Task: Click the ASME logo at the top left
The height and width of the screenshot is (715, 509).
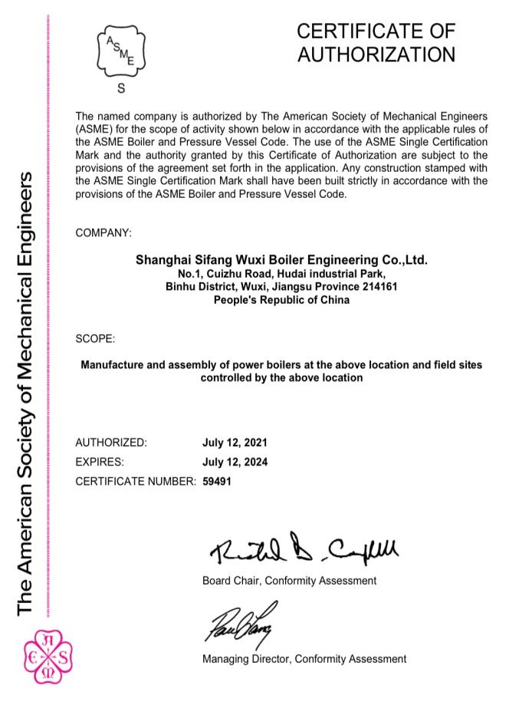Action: [120, 50]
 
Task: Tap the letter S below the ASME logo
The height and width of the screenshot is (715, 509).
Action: [120, 89]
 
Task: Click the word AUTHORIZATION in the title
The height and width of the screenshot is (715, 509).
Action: [376, 54]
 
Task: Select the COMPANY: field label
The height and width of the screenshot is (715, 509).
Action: [103, 232]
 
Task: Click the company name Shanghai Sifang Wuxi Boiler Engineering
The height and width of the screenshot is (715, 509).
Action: [281, 260]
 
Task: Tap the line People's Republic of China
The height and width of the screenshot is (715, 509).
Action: [281, 300]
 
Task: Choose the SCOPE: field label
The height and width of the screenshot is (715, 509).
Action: [96, 338]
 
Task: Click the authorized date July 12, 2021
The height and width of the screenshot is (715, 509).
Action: [235, 443]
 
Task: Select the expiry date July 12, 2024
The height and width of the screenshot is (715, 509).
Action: [235, 462]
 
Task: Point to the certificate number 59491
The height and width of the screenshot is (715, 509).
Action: [217, 481]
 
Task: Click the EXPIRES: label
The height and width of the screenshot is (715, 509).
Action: [100, 462]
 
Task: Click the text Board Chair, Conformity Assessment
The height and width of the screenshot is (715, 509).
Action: [289, 580]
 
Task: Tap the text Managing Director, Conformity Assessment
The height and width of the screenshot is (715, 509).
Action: [304, 659]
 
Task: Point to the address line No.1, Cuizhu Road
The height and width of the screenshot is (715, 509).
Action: [281, 274]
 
